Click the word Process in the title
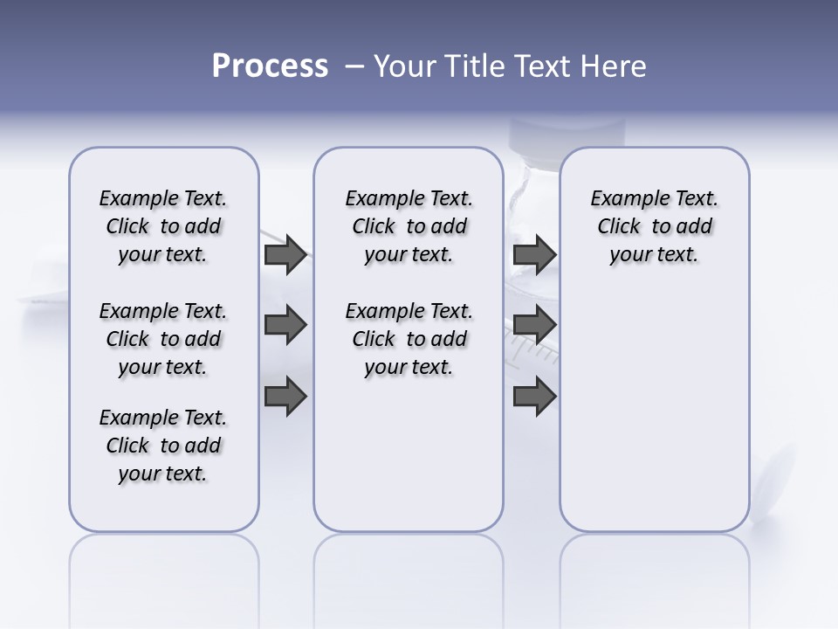(270, 66)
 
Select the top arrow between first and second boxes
(285, 254)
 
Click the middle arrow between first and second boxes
(285, 326)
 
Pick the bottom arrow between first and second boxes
(285, 397)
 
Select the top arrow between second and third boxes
(534, 254)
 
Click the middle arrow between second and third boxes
(534, 326)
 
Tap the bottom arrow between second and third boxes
(534, 397)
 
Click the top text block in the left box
(163, 226)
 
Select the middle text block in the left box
(163, 339)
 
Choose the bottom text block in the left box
(163, 446)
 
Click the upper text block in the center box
(409, 226)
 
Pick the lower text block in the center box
(409, 339)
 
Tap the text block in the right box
(654, 226)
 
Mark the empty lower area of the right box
(654, 411)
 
